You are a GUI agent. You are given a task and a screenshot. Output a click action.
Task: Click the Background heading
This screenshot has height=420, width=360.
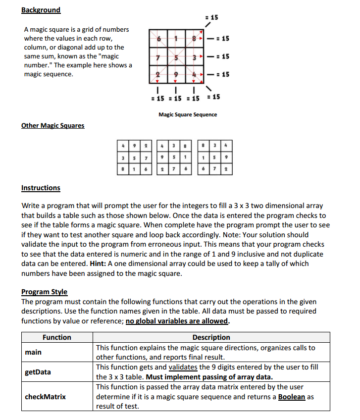(x=41, y=10)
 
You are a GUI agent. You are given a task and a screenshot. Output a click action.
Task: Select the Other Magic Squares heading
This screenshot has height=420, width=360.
(x=52, y=125)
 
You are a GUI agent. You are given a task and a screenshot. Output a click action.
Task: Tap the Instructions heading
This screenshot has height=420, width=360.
(x=41, y=188)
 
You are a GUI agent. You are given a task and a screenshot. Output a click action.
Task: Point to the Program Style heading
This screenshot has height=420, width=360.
(x=44, y=292)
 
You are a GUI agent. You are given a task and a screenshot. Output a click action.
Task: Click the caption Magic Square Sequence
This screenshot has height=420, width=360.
(x=187, y=114)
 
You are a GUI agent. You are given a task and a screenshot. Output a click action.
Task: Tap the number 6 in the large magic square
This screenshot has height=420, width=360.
(x=158, y=39)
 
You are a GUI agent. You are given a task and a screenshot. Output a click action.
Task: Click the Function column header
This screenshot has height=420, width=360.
(x=57, y=337)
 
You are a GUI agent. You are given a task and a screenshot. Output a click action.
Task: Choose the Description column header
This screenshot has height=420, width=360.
(x=211, y=337)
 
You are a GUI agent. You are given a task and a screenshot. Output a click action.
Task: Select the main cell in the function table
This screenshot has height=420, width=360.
(x=34, y=352)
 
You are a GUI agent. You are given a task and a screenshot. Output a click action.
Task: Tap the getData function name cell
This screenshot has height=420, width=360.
(x=38, y=372)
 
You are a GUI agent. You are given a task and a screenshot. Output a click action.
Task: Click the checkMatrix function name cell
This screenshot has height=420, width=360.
(x=45, y=396)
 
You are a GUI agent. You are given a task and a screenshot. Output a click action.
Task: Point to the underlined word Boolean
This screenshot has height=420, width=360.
(x=291, y=397)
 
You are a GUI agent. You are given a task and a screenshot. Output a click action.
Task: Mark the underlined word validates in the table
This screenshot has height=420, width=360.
(x=183, y=367)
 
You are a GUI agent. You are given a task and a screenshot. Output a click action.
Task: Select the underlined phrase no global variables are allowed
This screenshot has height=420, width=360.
(x=177, y=320)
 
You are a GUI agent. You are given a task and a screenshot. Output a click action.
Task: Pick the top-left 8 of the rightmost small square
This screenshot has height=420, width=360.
(x=203, y=146)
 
